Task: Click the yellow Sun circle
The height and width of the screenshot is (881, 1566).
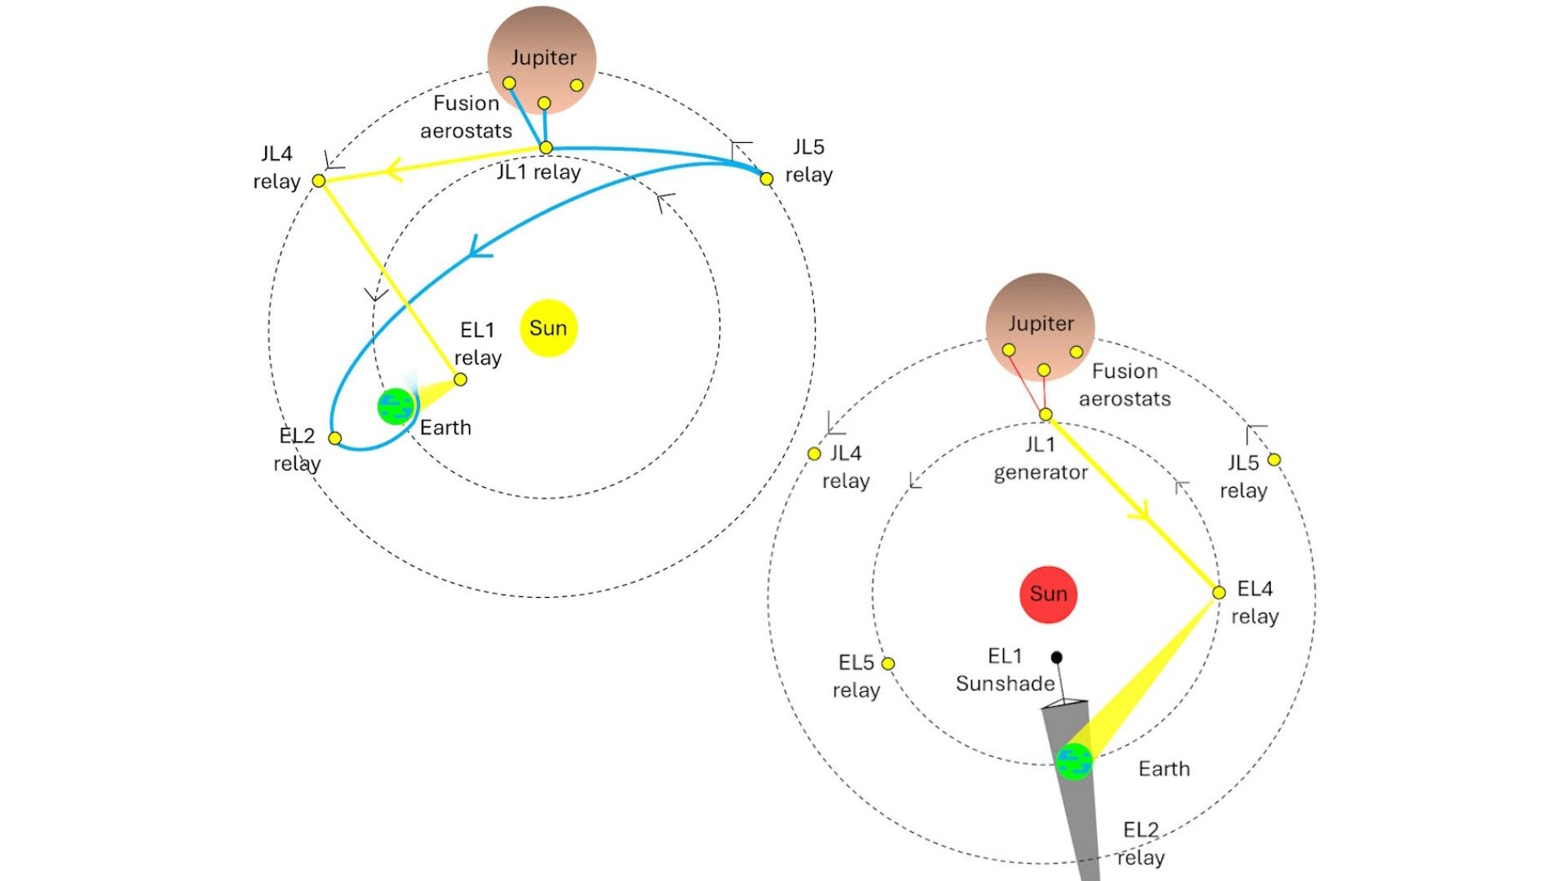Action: point(548,328)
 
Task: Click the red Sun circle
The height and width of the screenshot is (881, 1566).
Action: point(1048,594)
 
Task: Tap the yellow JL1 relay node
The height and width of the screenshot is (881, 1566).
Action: point(546,148)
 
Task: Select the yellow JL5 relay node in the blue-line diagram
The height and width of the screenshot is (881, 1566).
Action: point(766,179)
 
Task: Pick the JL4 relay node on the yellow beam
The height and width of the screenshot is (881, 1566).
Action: point(319,180)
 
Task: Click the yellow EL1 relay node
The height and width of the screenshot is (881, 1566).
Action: point(460,379)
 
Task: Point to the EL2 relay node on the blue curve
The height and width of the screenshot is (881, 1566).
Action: point(334,438)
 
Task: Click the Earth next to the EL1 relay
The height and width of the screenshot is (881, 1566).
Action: point(396,406)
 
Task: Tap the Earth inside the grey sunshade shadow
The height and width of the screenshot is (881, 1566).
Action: point(1073,762)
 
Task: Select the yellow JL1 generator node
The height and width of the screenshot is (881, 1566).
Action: point(1045,414)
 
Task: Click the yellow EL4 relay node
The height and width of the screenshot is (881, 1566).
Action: point(1219,592)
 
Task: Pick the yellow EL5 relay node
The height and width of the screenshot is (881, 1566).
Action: point(887,664)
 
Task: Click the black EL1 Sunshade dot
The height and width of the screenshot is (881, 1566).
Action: point(1056,657)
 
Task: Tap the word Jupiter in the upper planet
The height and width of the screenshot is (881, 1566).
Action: point(543,58)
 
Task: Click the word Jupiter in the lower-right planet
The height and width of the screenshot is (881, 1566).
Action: point(1041,324)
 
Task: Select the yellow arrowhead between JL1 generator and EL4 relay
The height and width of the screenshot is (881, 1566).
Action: point(1139,511)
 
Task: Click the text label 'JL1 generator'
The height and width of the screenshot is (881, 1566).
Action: point(1041,458)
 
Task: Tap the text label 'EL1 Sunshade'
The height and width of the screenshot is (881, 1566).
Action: point(1005,670)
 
